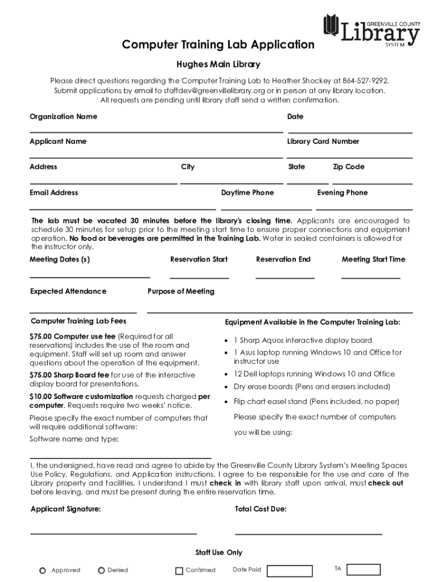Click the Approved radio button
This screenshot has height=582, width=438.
click(x=43, y=570)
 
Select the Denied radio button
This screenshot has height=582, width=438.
click(x=101, y=570)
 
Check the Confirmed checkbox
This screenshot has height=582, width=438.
click(x=179, y=571)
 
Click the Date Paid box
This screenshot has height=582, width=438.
click(x=290, y=571)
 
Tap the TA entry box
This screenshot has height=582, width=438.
click(x=363, y=569)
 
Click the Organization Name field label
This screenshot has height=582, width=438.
click(x=63, y=117)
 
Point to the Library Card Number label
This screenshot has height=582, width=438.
click(x=323, y=142)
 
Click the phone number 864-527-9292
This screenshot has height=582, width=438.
click(x=365, y=81)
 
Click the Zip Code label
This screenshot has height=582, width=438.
click(x=349, y=167)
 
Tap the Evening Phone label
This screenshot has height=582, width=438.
click(x=342, y=193)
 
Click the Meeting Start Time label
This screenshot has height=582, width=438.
click(x=373, y=260)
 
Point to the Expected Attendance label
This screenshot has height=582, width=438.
click(x=68, y=292)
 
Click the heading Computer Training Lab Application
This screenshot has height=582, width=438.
click(x=218, y=44)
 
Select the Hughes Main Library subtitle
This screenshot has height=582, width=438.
click(x=218, y=65)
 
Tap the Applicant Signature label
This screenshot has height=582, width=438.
click(x=65, y=509)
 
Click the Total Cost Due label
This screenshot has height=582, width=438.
click(x=261, y=509)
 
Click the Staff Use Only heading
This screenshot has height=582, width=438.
click(x=218, y=552)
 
